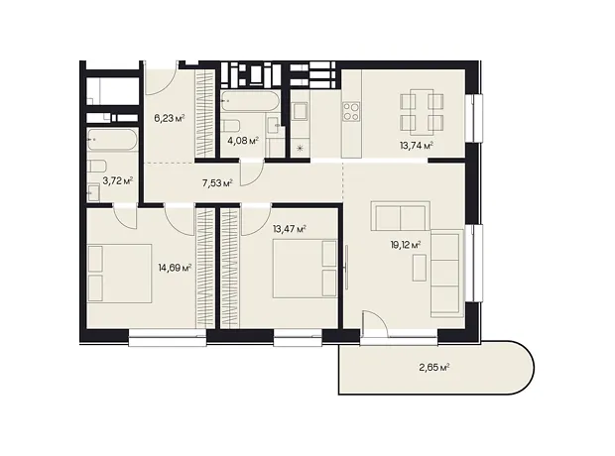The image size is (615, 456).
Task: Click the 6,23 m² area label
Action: click(x=170, y=118)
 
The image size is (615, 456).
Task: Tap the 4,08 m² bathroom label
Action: click(x=243, y=141)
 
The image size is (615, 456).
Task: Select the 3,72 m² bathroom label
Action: click(x=118, y=180)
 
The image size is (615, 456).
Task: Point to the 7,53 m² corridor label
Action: click(x=217, y=182)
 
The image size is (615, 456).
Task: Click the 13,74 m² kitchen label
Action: click(x=417, y=146)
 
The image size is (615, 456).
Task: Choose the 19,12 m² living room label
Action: click(x=406, y=246)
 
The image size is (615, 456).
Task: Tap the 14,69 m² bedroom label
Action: click(x=175, y=269)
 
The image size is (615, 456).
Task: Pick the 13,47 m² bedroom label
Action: click(x=290, y=229)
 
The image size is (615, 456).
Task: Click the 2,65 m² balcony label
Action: click(x=433, y=368)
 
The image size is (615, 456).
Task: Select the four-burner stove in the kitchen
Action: click(x=351, y=111)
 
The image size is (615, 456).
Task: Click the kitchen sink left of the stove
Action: click(x=301, y=111)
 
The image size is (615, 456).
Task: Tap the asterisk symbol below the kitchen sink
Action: click(x=300, y=149)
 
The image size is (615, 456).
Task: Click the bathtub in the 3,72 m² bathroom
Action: click(x=112, y=140)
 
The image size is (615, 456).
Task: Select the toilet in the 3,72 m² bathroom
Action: click(x=97, y=166)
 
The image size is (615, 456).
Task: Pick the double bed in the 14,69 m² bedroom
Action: click(x=120, y=274)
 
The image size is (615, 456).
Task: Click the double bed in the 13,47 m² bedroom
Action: click(x=306, y=269)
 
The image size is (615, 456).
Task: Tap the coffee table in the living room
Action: click(x=420, y=268)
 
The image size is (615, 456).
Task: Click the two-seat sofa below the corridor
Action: click(x=401, y=216)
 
